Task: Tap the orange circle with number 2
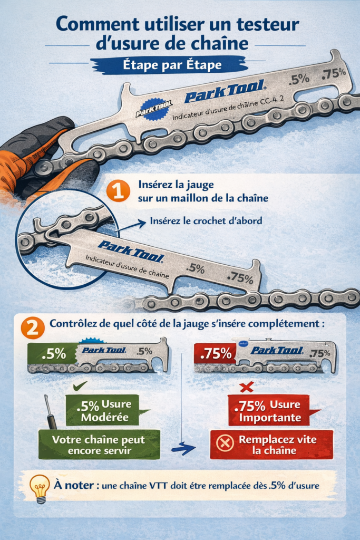pos(33,327)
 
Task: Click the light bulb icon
pos(40,489)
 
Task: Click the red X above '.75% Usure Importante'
pos(247,387)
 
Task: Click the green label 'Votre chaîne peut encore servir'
pos(99,445)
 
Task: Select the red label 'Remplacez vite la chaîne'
pos(271,445)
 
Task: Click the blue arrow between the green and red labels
pos(184,448)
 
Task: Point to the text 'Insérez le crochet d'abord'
pos(206,221)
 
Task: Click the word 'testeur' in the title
pos(268,24)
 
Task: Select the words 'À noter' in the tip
pos(74,485)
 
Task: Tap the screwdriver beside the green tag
pos(50,411)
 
